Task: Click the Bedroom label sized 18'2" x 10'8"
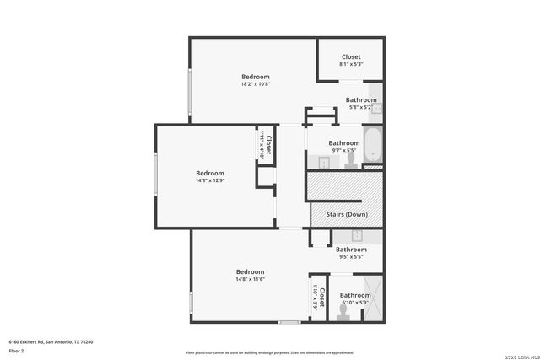pyautogui.click(x=255, y=77)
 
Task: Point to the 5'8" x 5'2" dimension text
pyautogui.click(x=361, y=107)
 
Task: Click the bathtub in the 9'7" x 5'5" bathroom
pyautogui.click(x=372, y=145)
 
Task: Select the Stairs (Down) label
pyautogui.click(x=345, y=214)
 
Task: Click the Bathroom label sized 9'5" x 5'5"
pyautogui.click(x=351, y=249)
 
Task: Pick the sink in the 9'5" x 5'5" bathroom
pyautogui.click(x=357, y=235)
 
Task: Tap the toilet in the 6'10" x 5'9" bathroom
pyautogui.click(x=343, y=312)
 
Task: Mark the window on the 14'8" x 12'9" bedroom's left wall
pyautogui.click(x=155, y=176)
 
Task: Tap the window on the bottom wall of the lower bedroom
pyautogui.click(x=289, y=322)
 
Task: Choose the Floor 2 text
pyautogui.click(x=17, y=349)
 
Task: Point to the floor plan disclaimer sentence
pyautogui.click(x=269, y=353)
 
